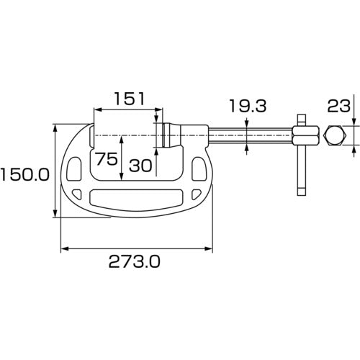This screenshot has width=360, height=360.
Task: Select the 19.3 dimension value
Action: click(x=247, y=107)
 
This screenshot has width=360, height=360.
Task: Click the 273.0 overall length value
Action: click(x=135, y=264)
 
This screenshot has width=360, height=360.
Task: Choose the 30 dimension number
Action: click(x=140, y=165)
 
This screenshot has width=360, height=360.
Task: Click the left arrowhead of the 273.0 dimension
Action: click(x=64, y=249)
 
